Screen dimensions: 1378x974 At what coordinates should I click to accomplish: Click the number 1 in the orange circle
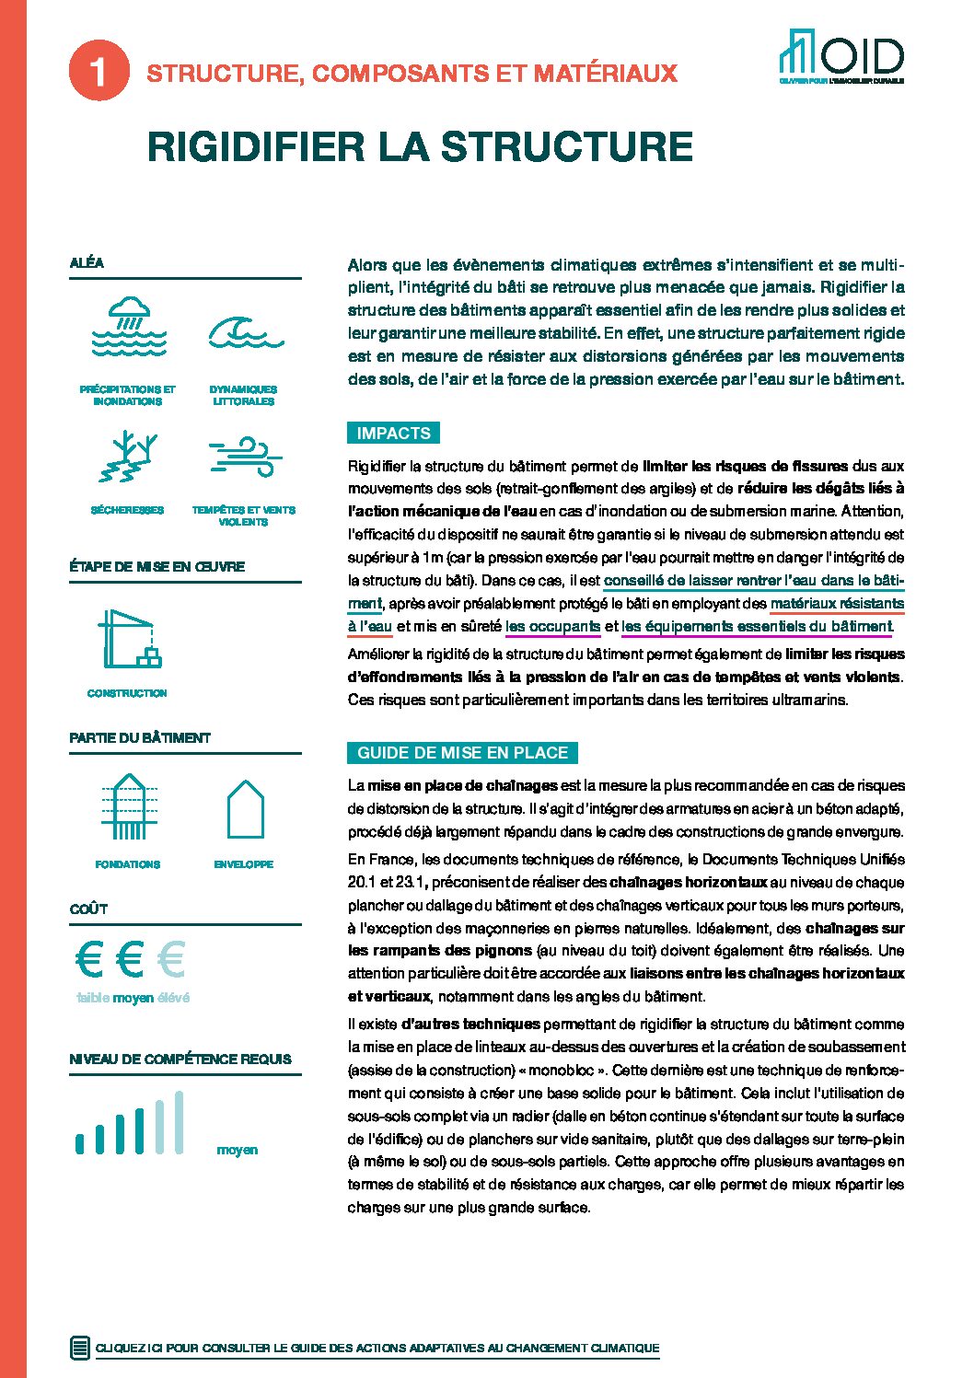[x=98, y=72]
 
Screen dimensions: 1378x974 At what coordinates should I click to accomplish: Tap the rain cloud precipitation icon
[x=129, y=327]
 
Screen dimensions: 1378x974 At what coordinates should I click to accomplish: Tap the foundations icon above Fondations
[x=128, y=807]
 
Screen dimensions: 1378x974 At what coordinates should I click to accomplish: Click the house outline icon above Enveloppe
[x=245, y=809]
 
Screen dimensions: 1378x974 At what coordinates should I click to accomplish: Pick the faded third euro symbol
[x=171, y=960]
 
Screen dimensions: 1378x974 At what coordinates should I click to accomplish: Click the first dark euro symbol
[x=88, y=960]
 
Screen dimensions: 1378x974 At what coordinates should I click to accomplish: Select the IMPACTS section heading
[x=393, y=434]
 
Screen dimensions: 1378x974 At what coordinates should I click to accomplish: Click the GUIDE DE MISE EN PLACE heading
[x=462, y=753]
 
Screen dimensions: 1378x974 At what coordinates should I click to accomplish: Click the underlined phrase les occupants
[x=552, y=627]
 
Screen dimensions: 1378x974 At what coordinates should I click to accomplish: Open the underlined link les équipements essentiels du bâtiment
[x=757, y=627]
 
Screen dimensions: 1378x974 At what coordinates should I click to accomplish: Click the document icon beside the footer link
[x=80, y=1348]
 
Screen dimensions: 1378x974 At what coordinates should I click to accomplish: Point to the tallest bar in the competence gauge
[x=179, y=1122]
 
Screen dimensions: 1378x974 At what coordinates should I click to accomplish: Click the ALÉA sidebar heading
[x=87, y=263]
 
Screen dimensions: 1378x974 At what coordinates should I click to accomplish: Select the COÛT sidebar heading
[x=88, y=909]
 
